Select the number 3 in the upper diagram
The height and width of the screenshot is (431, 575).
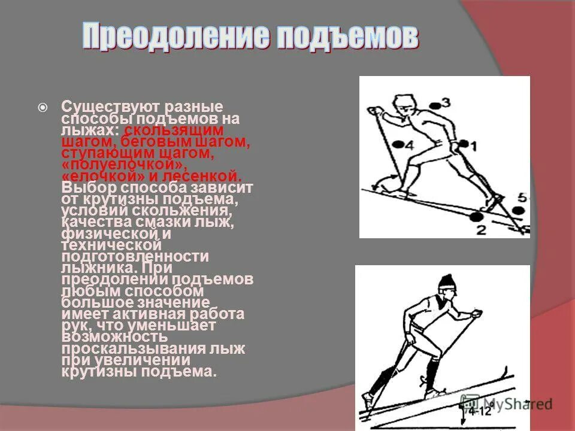coord(445,102)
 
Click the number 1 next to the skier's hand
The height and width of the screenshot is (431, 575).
coord(473,145)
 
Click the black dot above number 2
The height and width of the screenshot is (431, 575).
coord(476,217)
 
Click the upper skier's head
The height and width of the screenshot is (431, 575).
coord(404,106)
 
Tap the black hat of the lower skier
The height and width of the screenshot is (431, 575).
coord(446,282)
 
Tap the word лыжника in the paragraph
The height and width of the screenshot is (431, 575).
coord(92,268)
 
